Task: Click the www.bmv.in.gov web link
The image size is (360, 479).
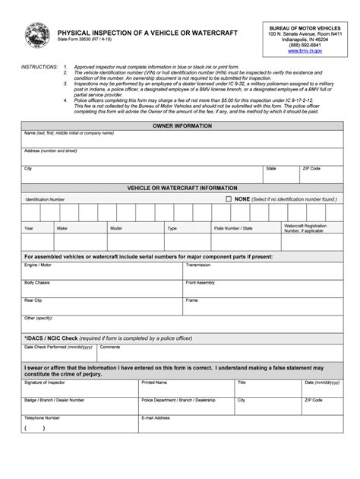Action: point(304,51)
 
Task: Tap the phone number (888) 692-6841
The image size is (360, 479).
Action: point(304,44)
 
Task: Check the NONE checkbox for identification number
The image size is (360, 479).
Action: point(229,198)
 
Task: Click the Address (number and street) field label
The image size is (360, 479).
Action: point(51,151)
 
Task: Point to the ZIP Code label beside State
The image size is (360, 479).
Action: point(312,168)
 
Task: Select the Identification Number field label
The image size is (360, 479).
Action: point(45,199)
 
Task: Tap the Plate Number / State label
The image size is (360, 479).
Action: point(233,227)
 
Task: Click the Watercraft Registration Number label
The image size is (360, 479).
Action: point(305,228)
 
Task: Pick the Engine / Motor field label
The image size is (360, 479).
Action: point(38,265)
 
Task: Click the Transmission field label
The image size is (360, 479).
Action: point(198,265)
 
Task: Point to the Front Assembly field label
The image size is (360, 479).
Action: point(201,282)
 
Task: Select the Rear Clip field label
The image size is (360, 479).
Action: point(33,300)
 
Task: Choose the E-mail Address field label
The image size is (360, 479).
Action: point(158,417)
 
